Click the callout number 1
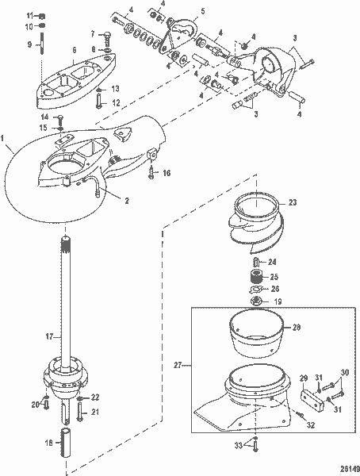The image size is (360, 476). [x=7, y=147]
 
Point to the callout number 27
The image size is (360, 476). [x=179, y=365]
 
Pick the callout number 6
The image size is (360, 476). [x=74, y=49]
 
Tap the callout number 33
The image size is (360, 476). [x=239, y=447]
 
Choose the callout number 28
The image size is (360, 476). [x=296, y=326]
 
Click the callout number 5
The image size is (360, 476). [x=202, y=11]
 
